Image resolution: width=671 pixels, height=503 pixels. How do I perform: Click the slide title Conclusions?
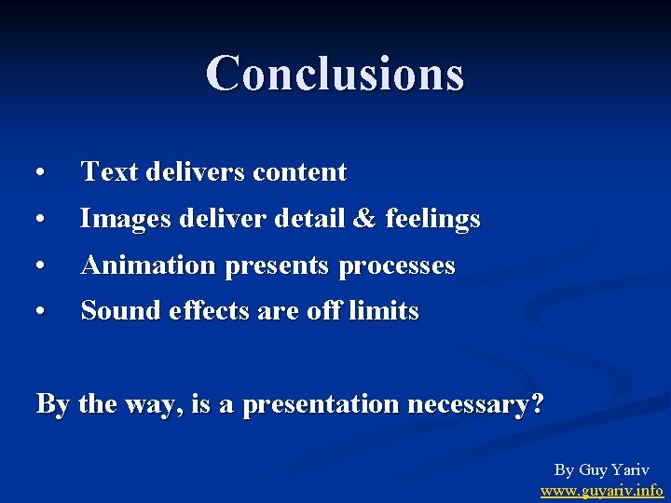tap(335, 74)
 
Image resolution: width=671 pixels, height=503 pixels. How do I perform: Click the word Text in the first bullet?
tap(104, 172)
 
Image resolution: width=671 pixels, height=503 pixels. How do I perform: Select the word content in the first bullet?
tap(299, 172)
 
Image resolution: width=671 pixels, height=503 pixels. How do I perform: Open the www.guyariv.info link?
tap(602, 489)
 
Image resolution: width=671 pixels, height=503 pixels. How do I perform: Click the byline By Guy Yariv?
tap(602, 469)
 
